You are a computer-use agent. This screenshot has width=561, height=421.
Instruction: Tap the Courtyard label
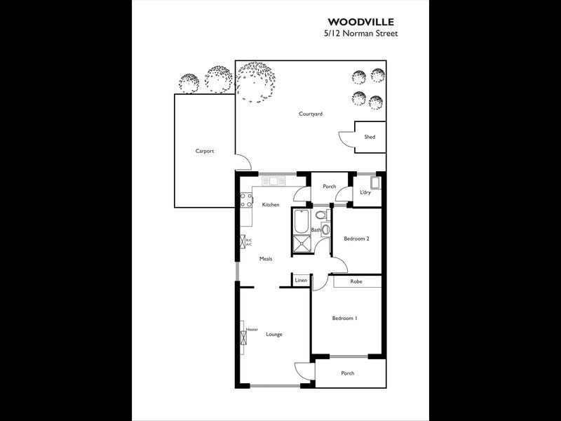point(311,114)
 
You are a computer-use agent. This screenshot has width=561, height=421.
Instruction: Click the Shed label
point(370,137)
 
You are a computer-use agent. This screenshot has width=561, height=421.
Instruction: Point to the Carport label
point(204,151)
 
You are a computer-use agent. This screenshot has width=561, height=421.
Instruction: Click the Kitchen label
point(271,205)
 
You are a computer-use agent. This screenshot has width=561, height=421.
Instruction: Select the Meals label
point(266,259)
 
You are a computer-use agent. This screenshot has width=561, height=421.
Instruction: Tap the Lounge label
point(274,334)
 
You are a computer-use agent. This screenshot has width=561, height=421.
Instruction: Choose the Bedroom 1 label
point(344,318)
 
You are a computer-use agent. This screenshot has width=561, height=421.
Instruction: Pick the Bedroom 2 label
point(356,239)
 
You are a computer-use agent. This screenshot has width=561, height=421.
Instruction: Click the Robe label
point(356,281)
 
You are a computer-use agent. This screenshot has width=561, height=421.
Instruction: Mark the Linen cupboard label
point(301,281)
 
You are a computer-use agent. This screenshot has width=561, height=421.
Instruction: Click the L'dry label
point(365,192)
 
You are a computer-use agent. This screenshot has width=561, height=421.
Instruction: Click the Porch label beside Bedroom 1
point(347,373)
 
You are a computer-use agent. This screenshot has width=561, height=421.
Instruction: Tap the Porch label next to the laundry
point(329,187)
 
